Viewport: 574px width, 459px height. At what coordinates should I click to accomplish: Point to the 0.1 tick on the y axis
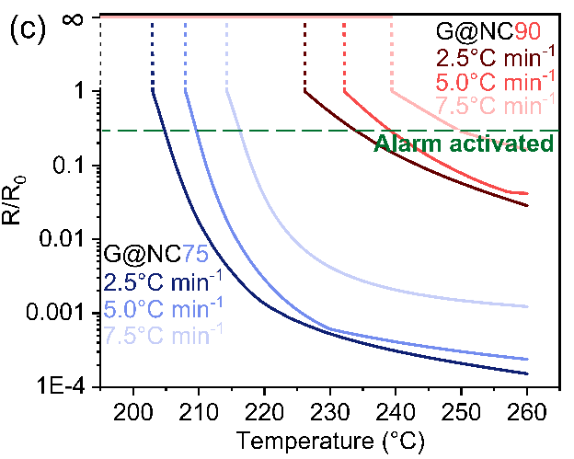[x=74, y=166]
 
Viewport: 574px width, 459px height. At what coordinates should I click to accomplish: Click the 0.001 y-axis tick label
[x=57, y=313]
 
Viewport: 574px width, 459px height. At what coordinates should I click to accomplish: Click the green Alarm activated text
[x=464, y=143]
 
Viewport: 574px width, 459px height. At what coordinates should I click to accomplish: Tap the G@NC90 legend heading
[x=495, y=33]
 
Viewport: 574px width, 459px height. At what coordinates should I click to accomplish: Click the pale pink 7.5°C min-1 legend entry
[x=495, y=104]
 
